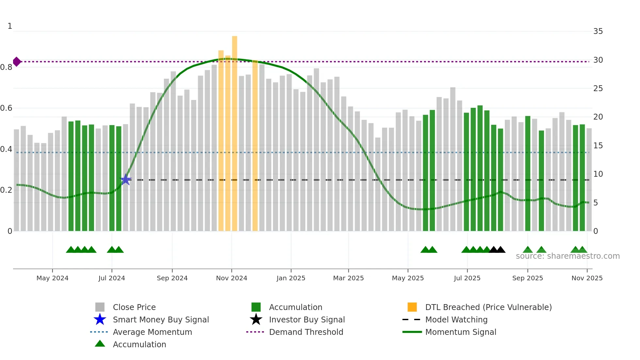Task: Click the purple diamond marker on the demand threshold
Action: pyautogui.click(x=17, y=61)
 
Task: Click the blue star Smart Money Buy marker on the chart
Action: pyautogui.click(x=125, y=179)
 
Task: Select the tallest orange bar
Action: pyautogui.click(x=234, y=131)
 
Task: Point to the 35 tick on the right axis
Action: pyautogui.click(x=598, y=31)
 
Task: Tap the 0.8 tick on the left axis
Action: pyautogui.click(x=6, y=67)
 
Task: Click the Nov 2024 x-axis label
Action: pyautogui.click(x=232, y=278)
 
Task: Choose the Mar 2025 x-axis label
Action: pyautogui.click(x=348, y=278)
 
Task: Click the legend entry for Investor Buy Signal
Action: pyautogui.click(x=307, y=319)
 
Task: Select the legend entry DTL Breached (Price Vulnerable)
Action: pyautogui.click(x=488, y=307)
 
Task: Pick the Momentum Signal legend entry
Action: pyautogui.click(x=460, y=332)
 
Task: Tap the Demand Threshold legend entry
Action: pyautogui.click(x=306, y=332)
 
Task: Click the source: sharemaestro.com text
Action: pyautogui.click(x=568, y=256)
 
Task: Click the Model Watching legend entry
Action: pyautogui.click(x=456, y=319)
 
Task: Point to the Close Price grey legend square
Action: pyautogui.click(x=100, y=307)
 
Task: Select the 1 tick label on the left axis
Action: pyautogui.click(x=10, y=26)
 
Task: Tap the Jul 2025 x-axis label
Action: pyautogui.click(x=467, y=278)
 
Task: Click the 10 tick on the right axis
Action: pyautogui.click(x=598, y=174)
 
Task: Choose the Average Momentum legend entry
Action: pyautogui.click(x=152, y=332)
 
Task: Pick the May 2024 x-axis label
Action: pyautogui.click(x=52, y=278)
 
